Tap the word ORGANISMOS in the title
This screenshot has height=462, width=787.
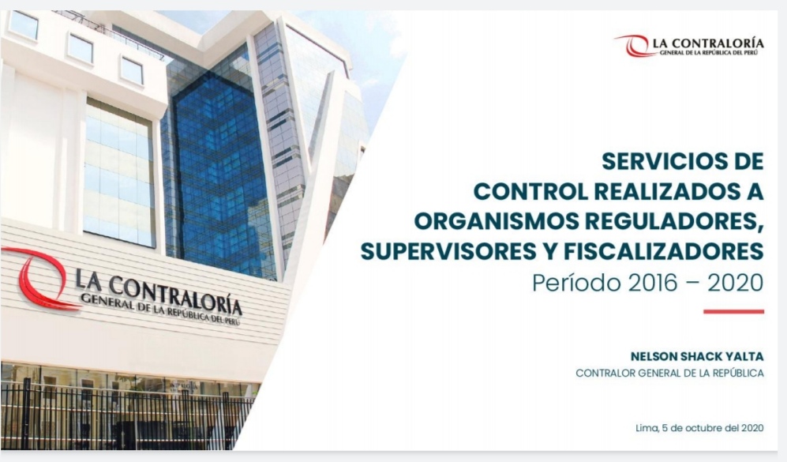(x=497, y=221)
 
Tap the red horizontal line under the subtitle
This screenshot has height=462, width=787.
(x=733, y=312)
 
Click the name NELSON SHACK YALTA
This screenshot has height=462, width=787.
(x=697, y=356)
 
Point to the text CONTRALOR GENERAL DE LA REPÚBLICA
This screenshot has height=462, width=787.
(x=669, y=373)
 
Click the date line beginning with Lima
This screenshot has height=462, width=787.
(x=699, y=428)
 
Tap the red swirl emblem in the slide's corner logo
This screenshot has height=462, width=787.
(x=634, y=46)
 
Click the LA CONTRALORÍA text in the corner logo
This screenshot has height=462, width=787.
(x=708, y=43)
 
